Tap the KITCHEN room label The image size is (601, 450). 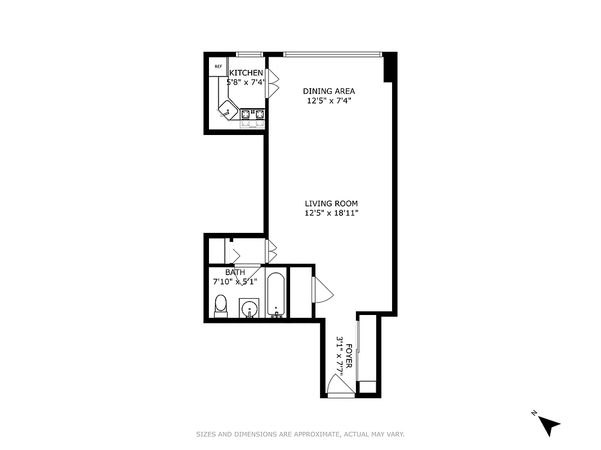246,73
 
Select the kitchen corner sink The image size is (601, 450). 227,111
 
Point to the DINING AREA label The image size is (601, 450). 329,91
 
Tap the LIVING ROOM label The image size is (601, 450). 331,204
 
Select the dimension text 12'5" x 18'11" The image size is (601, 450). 331,213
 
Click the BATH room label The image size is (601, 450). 235,272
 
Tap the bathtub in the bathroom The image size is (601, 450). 275,295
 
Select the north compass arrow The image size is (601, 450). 549,425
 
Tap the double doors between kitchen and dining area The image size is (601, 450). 273,83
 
